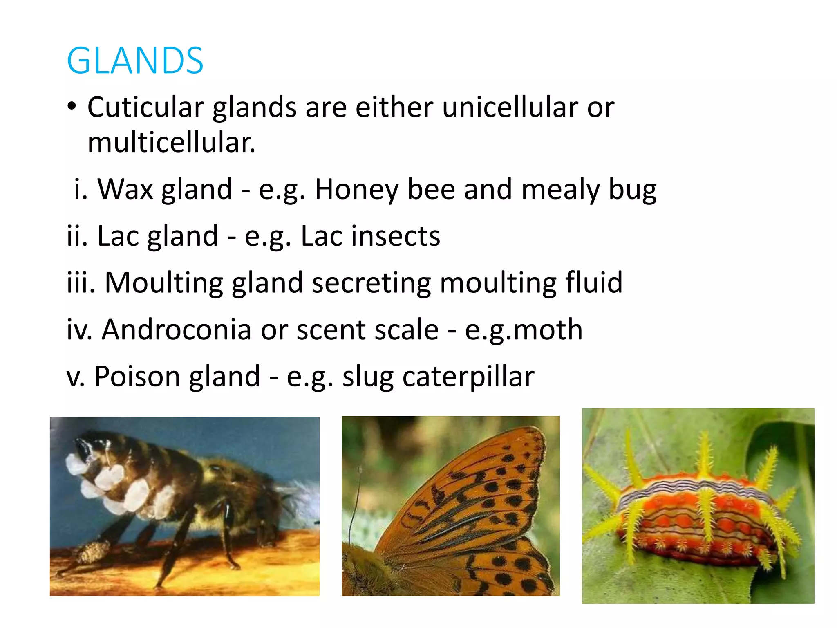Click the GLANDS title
tap(135, 61)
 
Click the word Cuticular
tap(145, 107)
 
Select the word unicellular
tap(510, 107)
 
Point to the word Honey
tap(356, 190)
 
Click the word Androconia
tap(176, 330)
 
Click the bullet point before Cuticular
tap(72, 107)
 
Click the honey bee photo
tap(184, 506)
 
